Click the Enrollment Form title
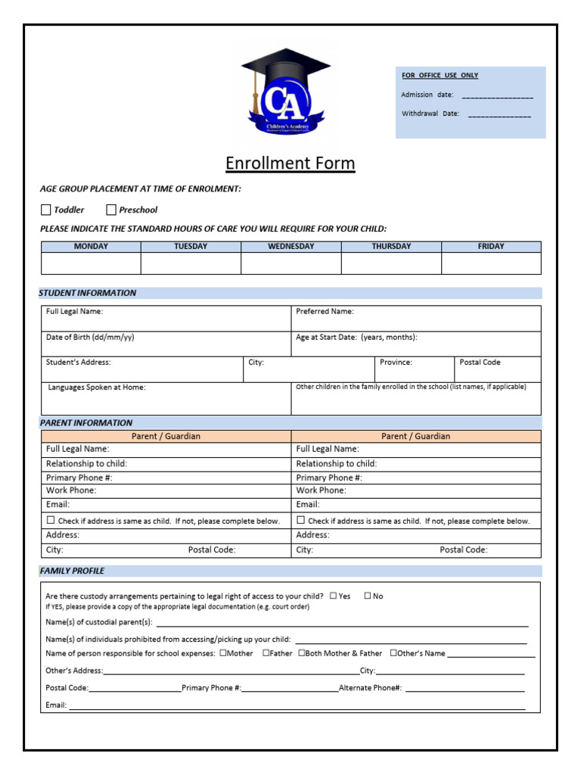[x=290, y=163]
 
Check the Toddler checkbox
[x=46, y=210]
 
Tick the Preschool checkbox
[x=111, y=210]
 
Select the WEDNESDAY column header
[x=290, y=247]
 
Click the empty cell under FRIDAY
[x=491, y=263]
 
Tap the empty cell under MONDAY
[x=91, y=263]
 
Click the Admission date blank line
[x=497, y=97]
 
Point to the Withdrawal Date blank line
[x=499, y=116]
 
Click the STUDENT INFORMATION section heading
[x=88, y=293]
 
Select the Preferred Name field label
[x=325, y=311]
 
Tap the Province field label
[x=396, y=363]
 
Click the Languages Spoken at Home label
[x=97, y=387]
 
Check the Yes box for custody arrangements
[x=333, y=596]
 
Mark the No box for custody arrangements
[x=368, y=596]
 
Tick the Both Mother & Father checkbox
[x=302, y=653]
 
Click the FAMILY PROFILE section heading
[x=73, y=571]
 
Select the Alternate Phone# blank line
[x=464, y=689]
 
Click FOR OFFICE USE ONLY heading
[x=440, y=76]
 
